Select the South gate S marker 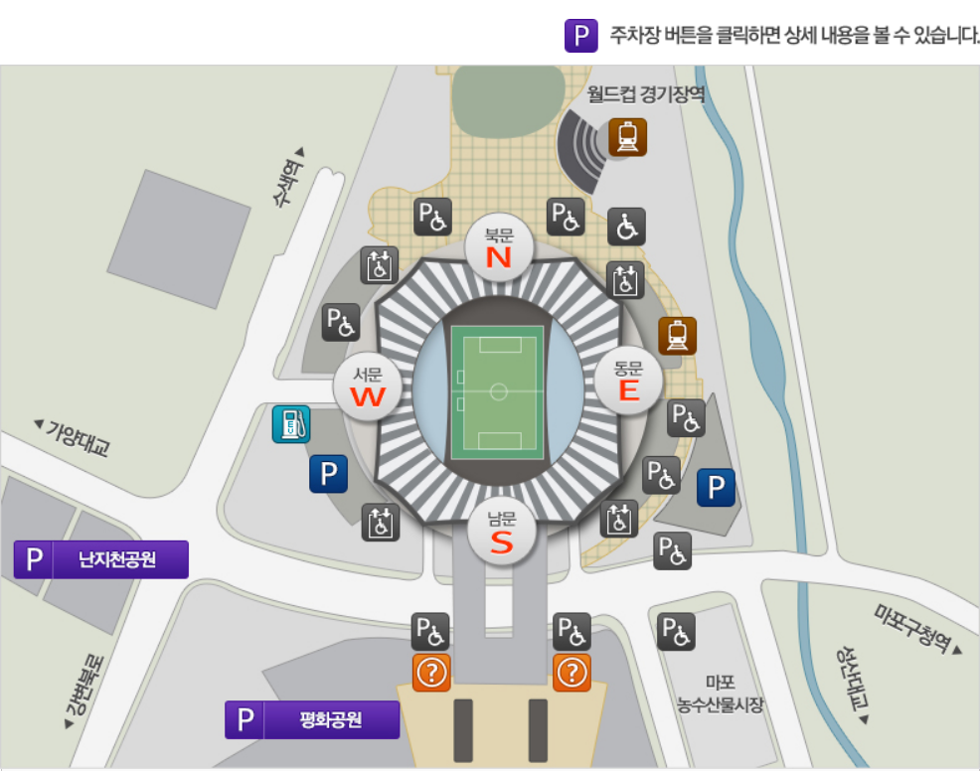502,533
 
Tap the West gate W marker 368,386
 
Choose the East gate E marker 628,380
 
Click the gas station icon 291,424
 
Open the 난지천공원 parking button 100,559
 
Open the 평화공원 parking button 312,719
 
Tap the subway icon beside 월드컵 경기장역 627,137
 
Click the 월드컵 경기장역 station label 646,94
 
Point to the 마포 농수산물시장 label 721,694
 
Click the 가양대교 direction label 72,437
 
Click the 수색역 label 288,178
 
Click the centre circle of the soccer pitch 498,390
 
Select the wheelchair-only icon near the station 626,227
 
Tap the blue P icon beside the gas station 328,474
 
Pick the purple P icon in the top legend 580,36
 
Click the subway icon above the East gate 677,336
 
